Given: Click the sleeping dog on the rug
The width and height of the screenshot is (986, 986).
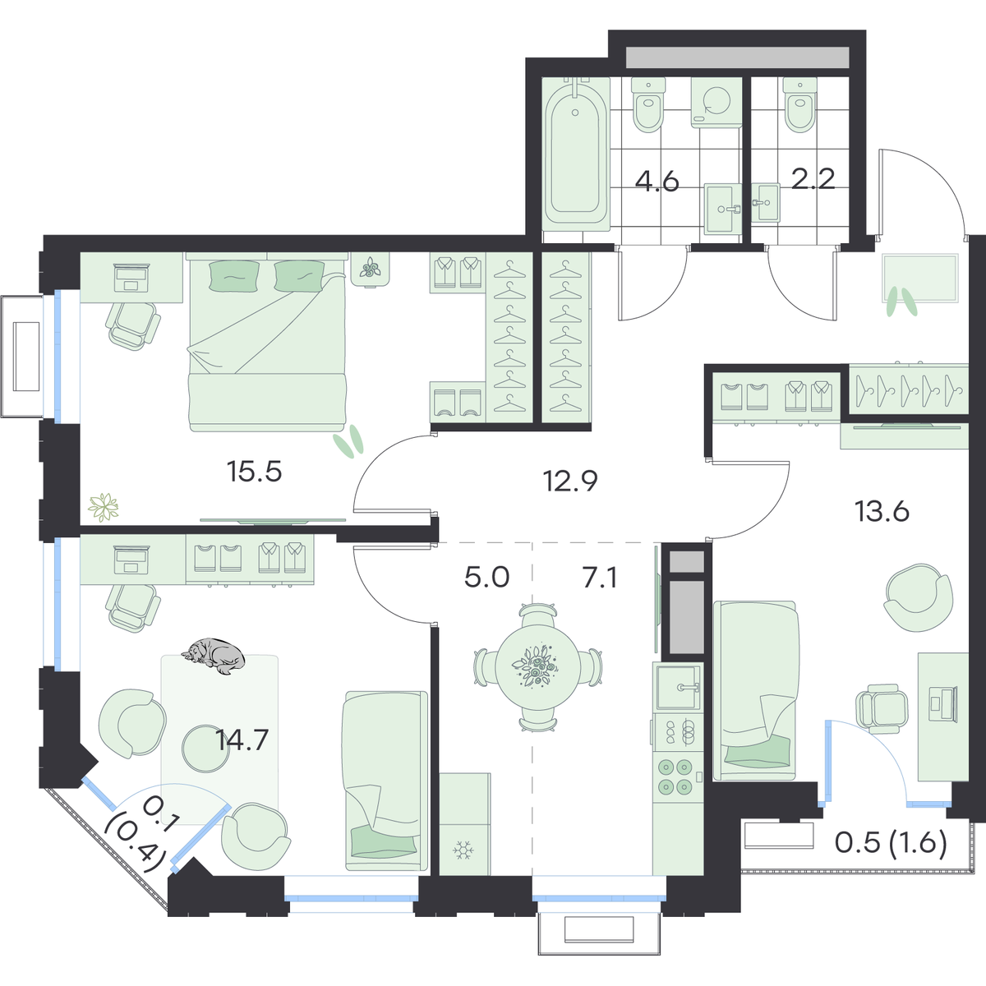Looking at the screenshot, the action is tap(212, 656).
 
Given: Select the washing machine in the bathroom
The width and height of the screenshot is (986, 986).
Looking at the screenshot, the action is tap(716, 103).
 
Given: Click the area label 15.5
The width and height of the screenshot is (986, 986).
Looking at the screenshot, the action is tap(254, 472).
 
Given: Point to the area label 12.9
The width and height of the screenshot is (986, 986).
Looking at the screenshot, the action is tap(570, 481).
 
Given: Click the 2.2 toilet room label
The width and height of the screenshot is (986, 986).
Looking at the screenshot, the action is tap(813, 179).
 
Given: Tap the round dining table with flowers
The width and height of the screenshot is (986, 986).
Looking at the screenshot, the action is tap(537, 666).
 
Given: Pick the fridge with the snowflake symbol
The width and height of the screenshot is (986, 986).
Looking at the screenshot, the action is tap(464, 824).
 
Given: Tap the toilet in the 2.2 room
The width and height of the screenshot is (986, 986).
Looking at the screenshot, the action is tap(799, 105).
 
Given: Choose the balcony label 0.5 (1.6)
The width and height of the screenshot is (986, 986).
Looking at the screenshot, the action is tap(891, 844).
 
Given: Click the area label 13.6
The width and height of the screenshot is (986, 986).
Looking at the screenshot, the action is tap(882, 512).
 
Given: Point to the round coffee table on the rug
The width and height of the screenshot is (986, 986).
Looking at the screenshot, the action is tap(205, 748).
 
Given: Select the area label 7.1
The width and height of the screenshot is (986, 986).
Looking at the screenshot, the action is tap(599, 578).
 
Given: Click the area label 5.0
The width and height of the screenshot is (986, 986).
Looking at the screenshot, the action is tap(486, 578).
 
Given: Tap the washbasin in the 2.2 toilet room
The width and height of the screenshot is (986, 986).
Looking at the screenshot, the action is tap(766, 203).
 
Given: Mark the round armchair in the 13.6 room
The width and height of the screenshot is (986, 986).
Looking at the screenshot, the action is tap(919, 597).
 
